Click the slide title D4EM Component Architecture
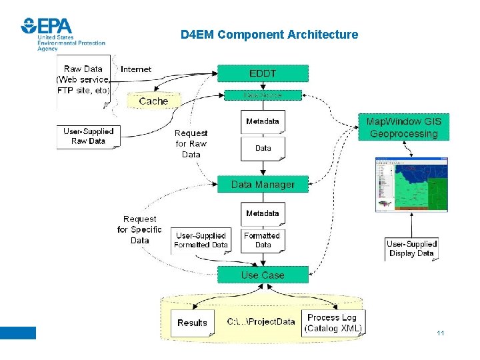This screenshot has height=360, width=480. pos(269,35)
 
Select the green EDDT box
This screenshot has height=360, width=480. pos(263,73)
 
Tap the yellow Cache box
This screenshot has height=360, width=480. pos(153,101)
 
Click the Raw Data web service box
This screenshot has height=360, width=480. pos(83,79)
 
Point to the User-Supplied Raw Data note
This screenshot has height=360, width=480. pos(88,136)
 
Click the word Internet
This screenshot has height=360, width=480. pos(136,69)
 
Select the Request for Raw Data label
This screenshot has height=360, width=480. pos(191,143)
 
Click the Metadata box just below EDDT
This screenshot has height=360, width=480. pos(263,121)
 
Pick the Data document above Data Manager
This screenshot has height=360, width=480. pos(263,149)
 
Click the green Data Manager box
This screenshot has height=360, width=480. pos(263,184)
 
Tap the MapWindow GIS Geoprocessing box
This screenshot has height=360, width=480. pos(403,127)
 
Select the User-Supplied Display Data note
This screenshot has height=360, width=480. pos(411,249)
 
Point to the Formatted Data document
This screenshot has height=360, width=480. pos(263,240)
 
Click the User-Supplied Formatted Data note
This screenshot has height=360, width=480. pos(201,240)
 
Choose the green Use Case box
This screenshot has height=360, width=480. pos(263,275)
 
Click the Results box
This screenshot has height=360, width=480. pos(193,323)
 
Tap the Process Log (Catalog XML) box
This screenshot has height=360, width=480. pos(333,323)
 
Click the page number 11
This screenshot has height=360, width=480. pos(440,333)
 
